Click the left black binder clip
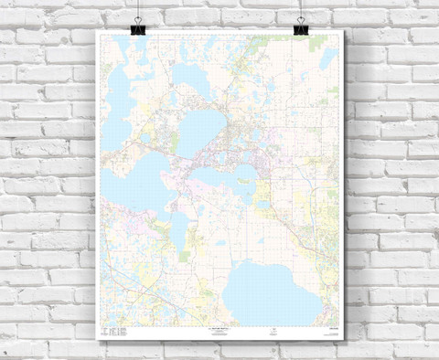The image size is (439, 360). pyautogui.click(x=138, y=29)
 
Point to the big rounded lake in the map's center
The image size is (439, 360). pyautogui.click(x=202, y=131)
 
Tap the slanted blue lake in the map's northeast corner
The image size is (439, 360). pyautogui.click(x=328, y=58)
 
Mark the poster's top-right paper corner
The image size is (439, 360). pyautogui.click(x=341, y=30)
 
